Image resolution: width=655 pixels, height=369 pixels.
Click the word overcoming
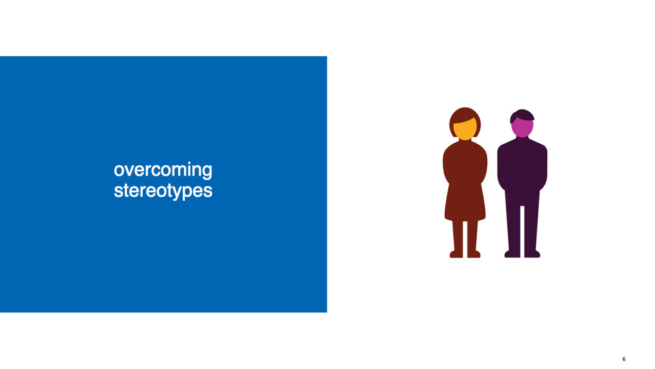[x=163, y=171]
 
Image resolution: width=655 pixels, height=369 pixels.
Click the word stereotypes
[x=163, y=191]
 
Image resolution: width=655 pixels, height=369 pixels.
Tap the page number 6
[x=624, y=359]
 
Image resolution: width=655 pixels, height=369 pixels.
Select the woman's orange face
[x=465, y=129]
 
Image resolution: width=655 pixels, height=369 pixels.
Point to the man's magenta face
[x=522, y=128]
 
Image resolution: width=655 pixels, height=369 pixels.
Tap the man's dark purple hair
[x=522, y=115]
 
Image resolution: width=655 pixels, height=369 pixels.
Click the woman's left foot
[x=456, y=254]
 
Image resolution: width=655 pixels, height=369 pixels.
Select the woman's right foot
[x=474, y=254]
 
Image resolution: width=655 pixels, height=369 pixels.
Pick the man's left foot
[x=512, y=254]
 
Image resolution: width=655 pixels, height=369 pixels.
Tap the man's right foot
[x=532, y=254]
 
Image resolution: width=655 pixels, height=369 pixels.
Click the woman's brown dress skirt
[x=465, y=203]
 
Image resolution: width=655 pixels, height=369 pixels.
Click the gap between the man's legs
[x=522, y=231]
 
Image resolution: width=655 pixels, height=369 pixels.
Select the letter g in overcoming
[x=207, y=172]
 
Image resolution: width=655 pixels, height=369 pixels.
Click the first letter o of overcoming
[x=119, y=171]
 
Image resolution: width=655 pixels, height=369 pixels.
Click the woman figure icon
[x=465, y=182]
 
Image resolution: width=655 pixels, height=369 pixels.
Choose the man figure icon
[x=522, y=183]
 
